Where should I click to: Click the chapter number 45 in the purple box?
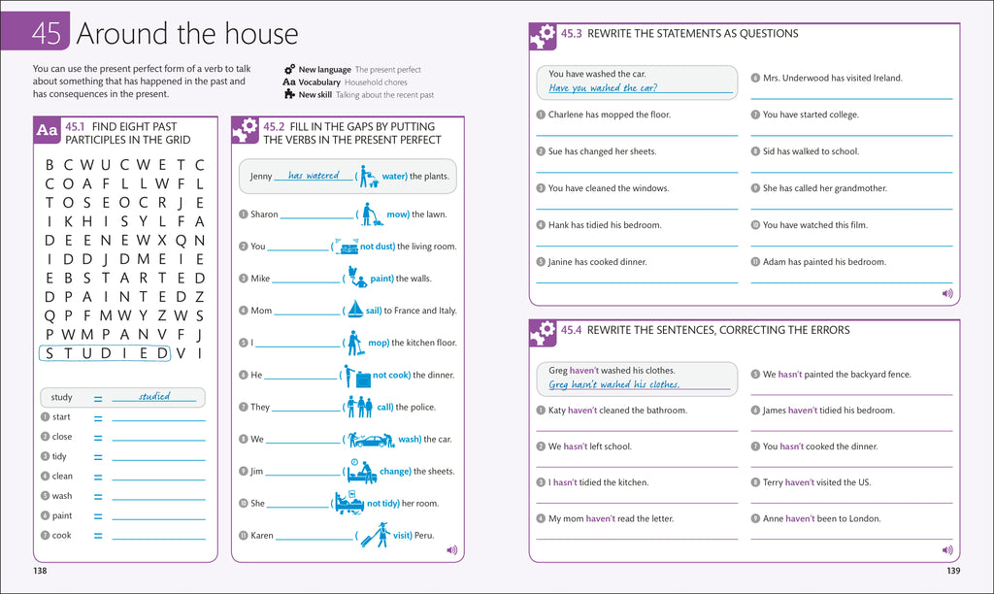tap(46, 34)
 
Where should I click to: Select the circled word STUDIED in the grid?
tap(105, 353)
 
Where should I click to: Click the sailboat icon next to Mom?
tap(355, 310)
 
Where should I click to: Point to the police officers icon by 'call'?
tap(359, 406)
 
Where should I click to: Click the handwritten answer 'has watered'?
tap(314, 177)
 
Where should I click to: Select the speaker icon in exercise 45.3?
tap(947, 293)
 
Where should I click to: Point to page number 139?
tap(953, 571)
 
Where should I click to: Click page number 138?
tap(40, 571)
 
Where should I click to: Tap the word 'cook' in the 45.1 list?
tap(62, 535)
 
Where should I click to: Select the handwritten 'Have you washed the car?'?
tap(603, 88)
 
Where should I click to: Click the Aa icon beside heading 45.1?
tap(47, 130)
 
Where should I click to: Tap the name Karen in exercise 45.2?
tap(262, 535)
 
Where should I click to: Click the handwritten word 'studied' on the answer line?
tap(154, 396)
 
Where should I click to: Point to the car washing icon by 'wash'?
tap(372, 439)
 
